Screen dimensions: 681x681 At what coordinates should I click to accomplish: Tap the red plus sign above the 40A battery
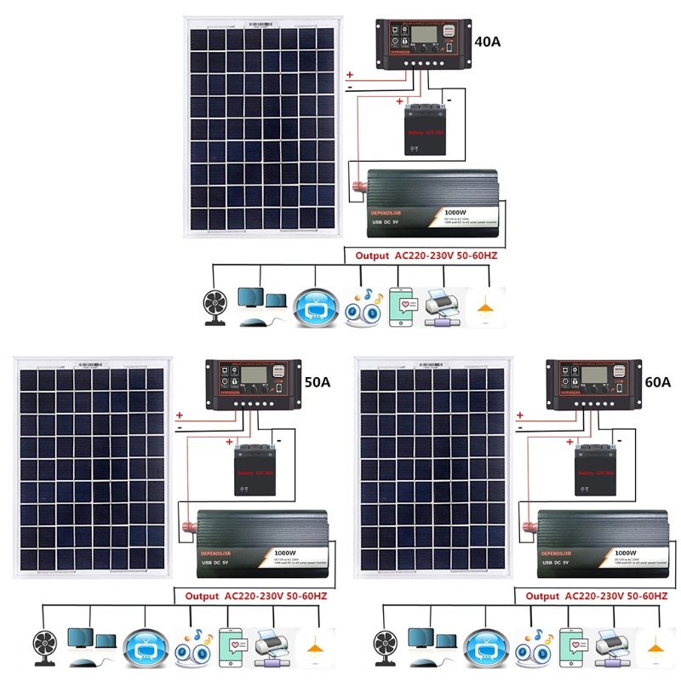click(400, 101)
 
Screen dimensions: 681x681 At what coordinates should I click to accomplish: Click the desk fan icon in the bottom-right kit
click(382, 647)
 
